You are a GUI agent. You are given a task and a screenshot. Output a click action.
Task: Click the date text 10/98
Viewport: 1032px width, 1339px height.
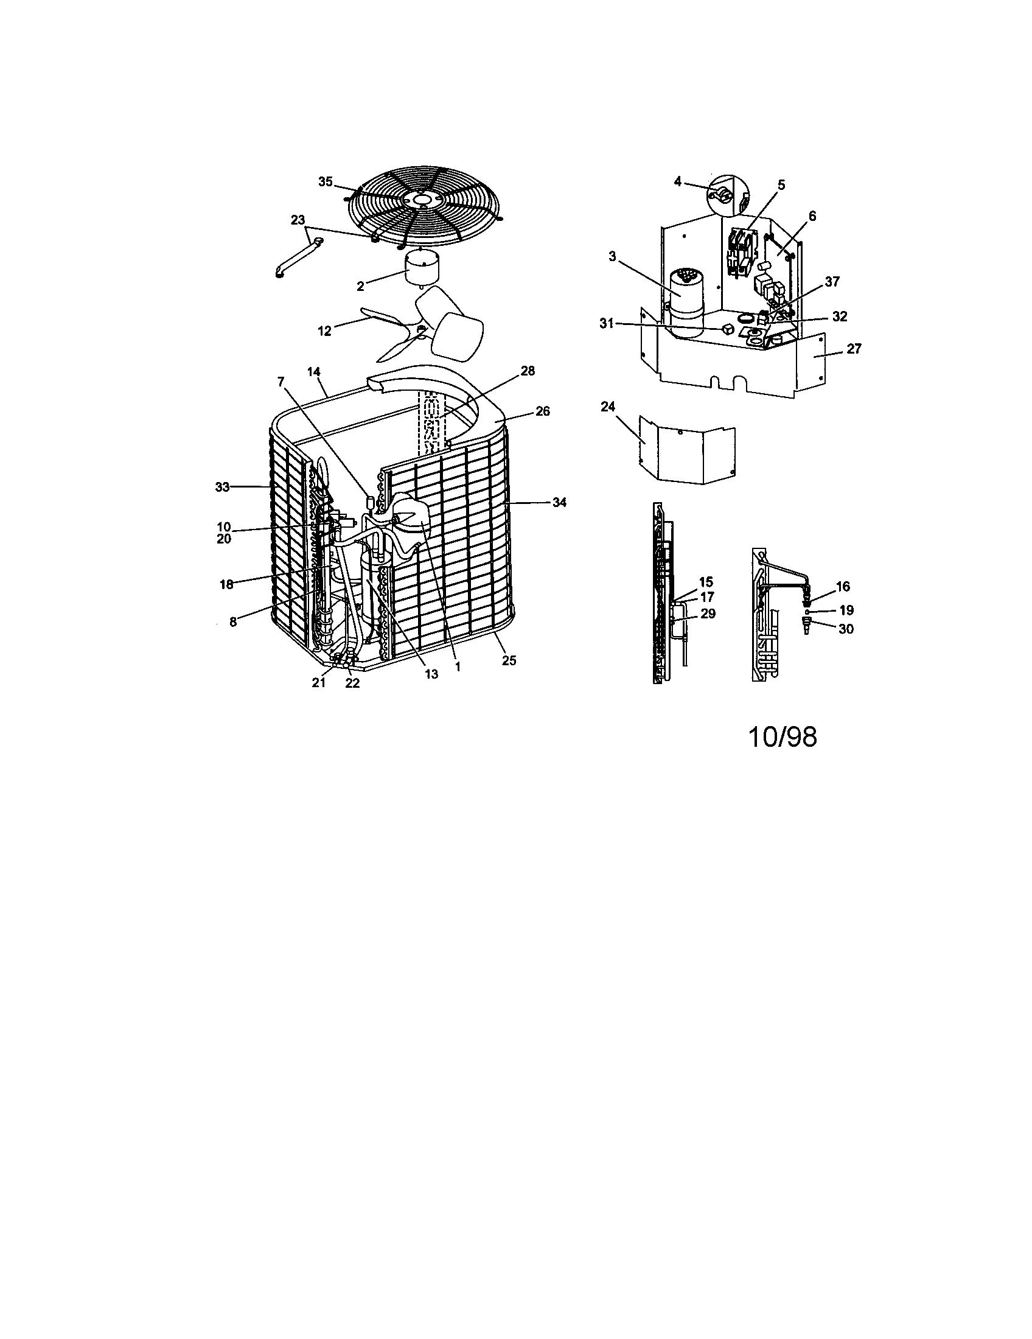[x=783, y=738]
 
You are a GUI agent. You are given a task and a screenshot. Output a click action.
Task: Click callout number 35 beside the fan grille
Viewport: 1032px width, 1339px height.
[x=325, y=181]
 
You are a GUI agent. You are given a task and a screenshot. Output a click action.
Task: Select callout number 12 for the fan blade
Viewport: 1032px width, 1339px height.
[x=324, y=331]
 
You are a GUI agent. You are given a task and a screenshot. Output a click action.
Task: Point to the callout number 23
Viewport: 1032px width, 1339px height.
[x=297, y=220]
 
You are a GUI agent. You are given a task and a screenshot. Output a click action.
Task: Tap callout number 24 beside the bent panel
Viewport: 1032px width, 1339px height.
[x=607, y=407]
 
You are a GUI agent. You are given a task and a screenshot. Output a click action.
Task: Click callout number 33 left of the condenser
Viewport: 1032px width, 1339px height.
[x=222, y=487]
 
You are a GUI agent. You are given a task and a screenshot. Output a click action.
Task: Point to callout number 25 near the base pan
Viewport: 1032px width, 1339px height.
[x=509, y=660]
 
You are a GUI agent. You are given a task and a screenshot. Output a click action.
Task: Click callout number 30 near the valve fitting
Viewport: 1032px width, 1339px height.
[x=846, y=629]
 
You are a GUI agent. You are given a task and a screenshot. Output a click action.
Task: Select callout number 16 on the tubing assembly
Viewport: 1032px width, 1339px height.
[x=843, y=587]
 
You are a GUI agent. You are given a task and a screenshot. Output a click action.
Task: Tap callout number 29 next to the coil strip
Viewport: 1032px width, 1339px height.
[x=708, y=614]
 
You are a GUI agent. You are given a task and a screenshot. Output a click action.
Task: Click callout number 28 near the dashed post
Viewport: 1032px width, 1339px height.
[x=528, y=371]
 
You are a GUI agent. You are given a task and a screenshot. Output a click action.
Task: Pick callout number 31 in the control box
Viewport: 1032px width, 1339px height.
[x=607, y=324]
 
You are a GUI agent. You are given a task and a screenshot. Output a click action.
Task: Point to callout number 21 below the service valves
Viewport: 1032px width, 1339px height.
[x=319, y=683]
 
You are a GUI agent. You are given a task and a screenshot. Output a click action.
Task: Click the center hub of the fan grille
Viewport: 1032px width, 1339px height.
[x=422, y=200]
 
